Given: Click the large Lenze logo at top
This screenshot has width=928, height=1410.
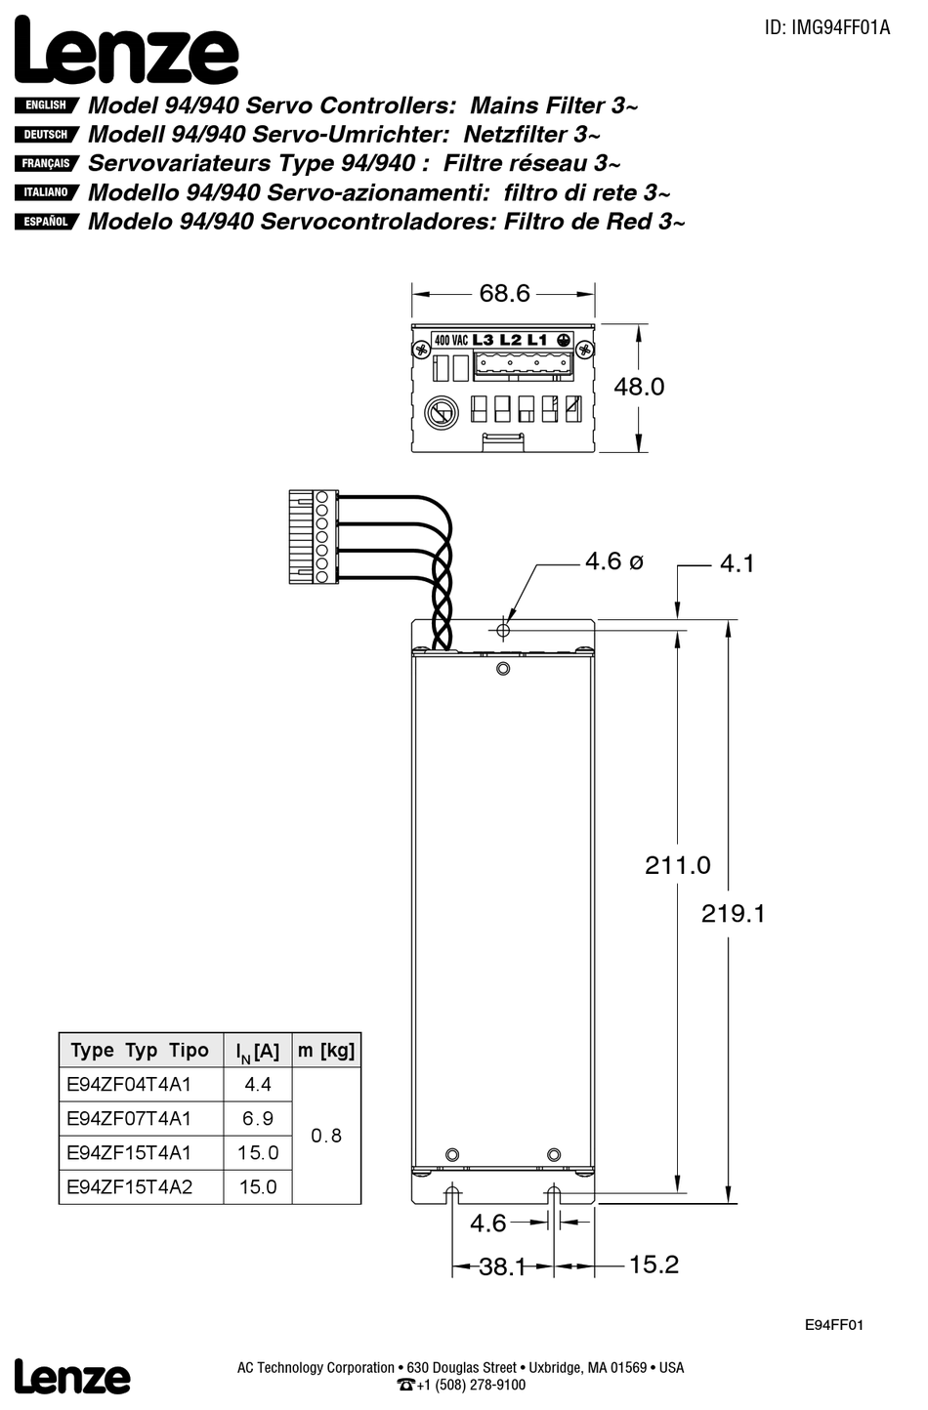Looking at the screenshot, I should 126,52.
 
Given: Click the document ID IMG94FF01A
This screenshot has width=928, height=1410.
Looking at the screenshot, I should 826,27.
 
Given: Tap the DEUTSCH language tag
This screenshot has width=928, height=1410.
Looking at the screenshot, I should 46,135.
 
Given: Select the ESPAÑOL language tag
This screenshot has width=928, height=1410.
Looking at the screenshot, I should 46,222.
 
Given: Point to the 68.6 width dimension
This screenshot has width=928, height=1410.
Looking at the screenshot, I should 503,293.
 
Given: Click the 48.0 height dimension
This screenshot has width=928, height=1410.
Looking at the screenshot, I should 639,387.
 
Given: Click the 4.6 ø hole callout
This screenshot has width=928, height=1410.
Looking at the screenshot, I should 613,561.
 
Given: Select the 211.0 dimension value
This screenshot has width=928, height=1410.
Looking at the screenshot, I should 677,865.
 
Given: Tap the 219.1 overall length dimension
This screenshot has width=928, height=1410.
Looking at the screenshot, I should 733,914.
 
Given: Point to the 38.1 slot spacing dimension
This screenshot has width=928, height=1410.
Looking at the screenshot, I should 502,1267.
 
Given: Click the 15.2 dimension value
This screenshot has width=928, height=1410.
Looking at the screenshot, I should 654,1265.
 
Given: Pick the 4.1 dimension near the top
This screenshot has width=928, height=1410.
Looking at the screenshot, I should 737,564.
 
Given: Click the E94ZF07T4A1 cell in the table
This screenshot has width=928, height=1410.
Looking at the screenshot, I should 129,1119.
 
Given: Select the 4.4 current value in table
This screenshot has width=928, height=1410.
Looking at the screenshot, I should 258,1085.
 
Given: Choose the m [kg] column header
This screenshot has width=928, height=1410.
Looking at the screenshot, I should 326,1051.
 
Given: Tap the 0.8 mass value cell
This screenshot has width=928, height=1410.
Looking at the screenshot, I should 326,1136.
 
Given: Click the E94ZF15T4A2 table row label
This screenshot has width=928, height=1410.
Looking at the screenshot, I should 129,1187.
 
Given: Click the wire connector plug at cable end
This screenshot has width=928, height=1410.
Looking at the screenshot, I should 313,538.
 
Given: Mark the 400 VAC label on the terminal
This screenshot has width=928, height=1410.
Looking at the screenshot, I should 450,341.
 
